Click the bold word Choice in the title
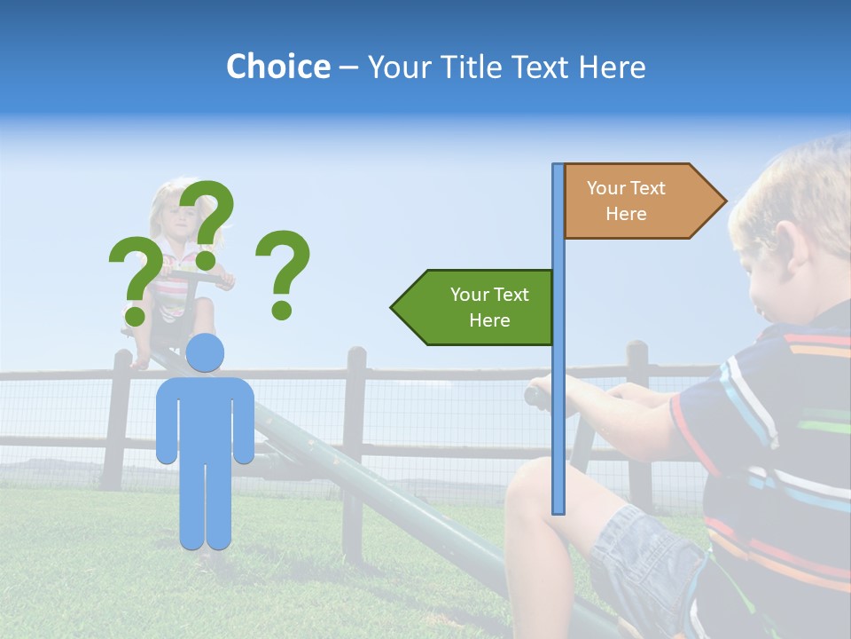[277, 67]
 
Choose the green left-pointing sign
[474, 307]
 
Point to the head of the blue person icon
[206, 353]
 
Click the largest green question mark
[207, 222]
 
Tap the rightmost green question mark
[282, 273]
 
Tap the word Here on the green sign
[489, 320]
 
